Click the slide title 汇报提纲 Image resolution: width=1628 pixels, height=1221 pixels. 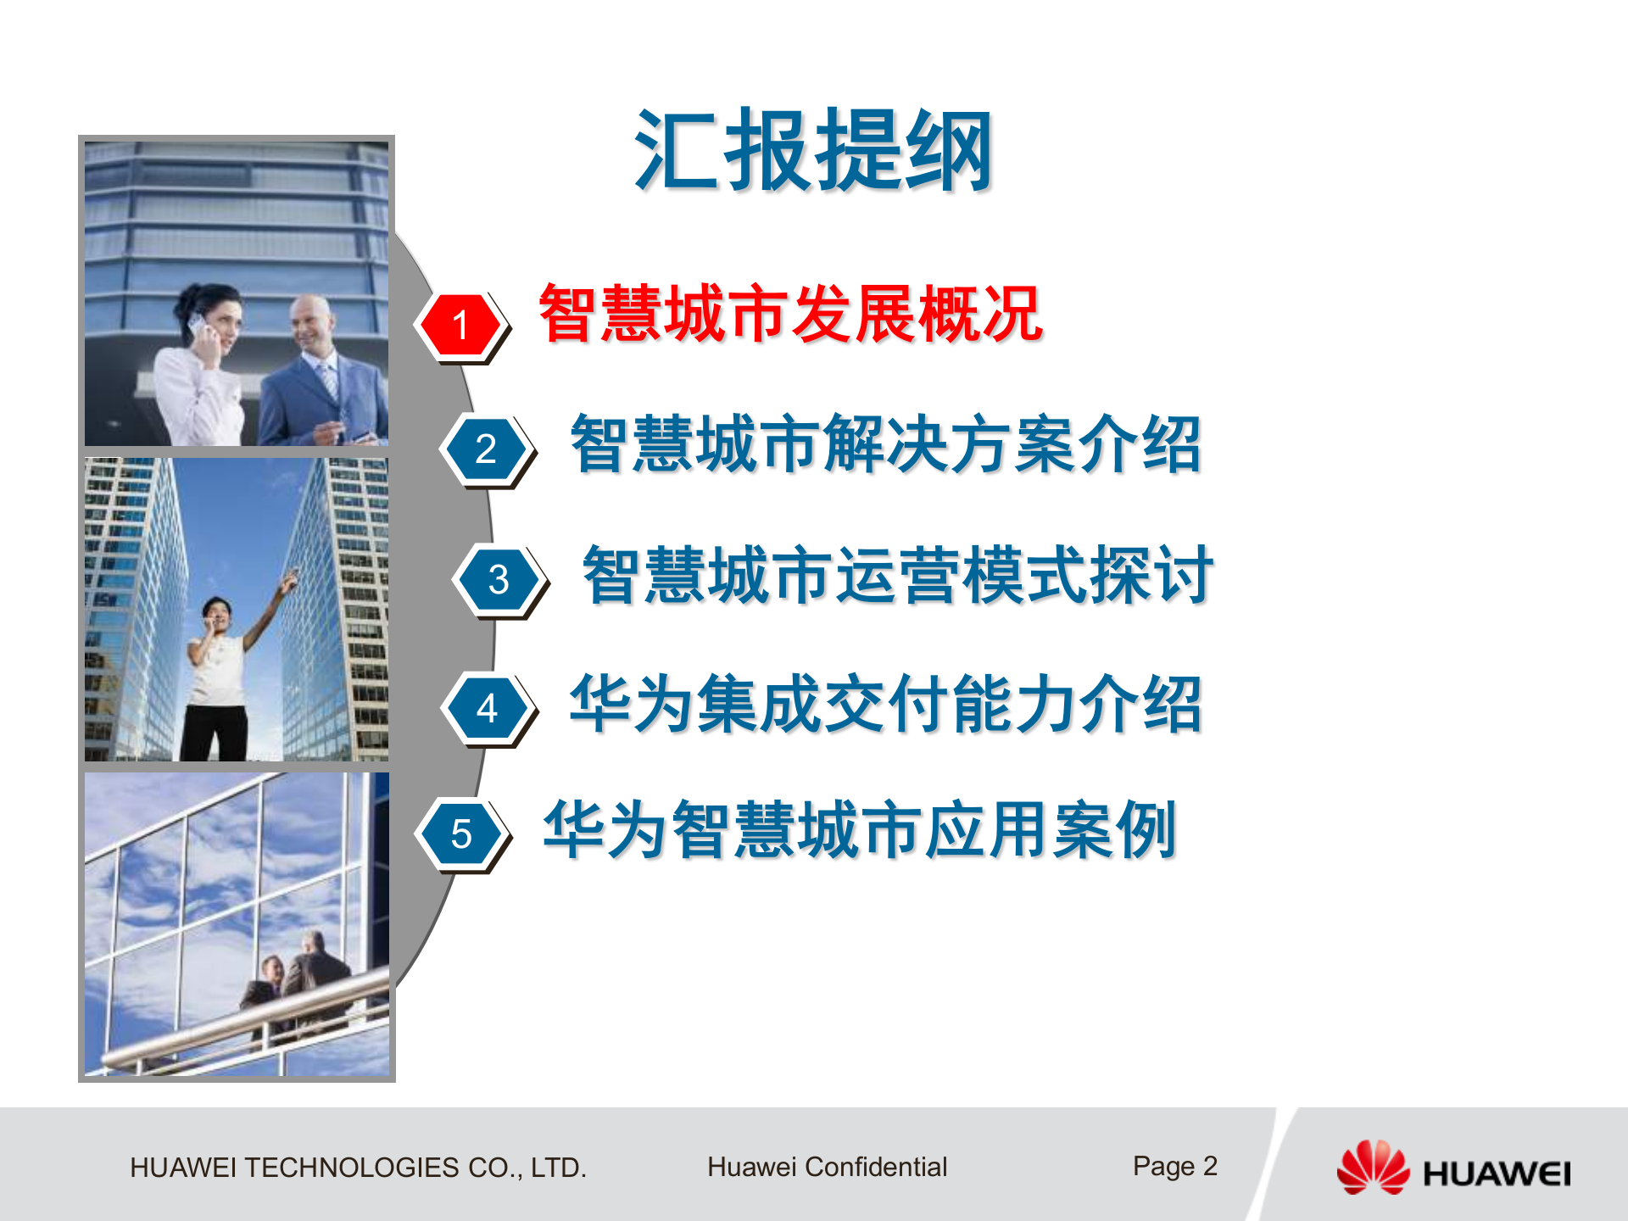[x=812, y=151]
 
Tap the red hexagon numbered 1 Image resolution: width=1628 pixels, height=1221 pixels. [x=460, y=325]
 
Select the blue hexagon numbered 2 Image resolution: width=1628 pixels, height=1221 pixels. [x=486, y=449]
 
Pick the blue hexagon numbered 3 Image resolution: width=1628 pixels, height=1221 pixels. [x=499, y=580]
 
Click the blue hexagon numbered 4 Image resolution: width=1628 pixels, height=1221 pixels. [x=487, y=708]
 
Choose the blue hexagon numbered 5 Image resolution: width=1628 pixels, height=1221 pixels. [x=461, y=834]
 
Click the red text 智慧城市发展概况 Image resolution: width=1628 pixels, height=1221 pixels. [x=790, y=315]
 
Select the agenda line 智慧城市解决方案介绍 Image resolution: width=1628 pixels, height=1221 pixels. [x=886, y=444]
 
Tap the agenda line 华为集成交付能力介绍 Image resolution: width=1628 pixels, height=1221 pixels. [x=886, y=704]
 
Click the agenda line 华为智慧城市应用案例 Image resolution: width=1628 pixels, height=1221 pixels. [x=860, y=830]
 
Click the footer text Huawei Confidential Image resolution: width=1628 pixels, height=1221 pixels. [x=827, y=1168]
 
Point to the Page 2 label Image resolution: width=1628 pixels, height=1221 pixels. [x=1174, y=1167]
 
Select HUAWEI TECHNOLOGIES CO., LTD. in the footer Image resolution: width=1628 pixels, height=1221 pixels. [x=358, y=1168]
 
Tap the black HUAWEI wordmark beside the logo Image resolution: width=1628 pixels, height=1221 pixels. [x=1497, y=1174]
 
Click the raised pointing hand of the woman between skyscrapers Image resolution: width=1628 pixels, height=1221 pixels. [x=290, y=581]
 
